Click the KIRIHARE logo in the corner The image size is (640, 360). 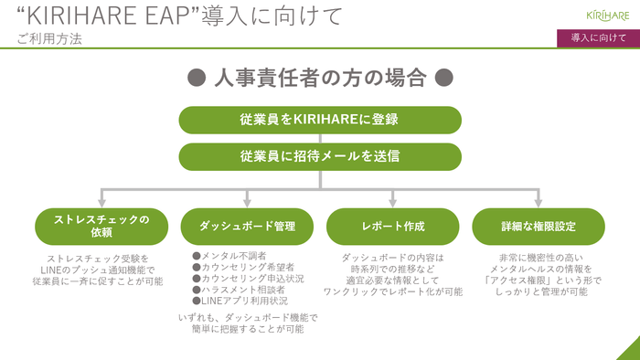click(x=607, y=14)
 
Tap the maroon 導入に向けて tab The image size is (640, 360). click(x=598, y=37)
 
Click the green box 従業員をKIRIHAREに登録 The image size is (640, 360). click(x=319, y=119)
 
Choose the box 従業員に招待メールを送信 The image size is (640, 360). click(x=319, y=155)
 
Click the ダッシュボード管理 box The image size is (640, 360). click(x=246, y=225)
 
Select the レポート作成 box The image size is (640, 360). click(x=392, y=225)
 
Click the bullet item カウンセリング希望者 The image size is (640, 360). click(x=240, y=267)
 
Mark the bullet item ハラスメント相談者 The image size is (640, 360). click(x=238, y=289)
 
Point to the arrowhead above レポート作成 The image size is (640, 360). click(x=392, y=199)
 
